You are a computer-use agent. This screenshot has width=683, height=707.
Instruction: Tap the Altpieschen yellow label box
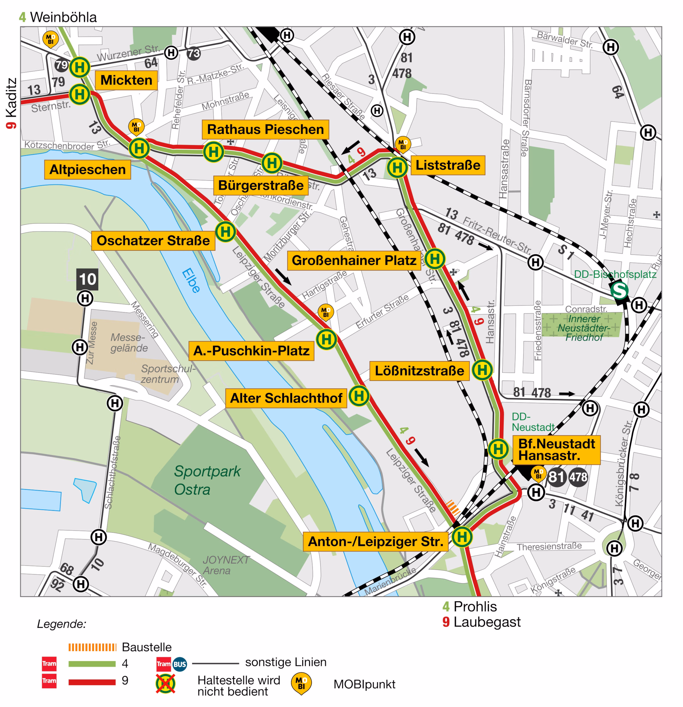88,169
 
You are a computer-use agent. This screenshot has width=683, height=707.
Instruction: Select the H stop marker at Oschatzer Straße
226,232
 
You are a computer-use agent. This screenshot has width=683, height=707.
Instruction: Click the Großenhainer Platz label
354,260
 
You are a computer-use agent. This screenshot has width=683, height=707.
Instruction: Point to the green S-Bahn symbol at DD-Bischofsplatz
619,290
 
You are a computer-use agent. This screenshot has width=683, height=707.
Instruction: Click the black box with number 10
88,279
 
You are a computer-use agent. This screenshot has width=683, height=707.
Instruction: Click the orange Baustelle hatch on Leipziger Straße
453,507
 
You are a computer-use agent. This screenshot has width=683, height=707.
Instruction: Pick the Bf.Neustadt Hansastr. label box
556,450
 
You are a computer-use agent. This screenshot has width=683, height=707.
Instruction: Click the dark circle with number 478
578,477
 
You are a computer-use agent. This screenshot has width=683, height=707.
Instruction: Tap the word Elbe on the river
191,280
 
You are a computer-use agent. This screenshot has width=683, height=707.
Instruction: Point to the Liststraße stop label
448,165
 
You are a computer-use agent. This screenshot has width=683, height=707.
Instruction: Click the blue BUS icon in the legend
180,664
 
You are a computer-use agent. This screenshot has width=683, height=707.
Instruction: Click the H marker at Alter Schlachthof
359,396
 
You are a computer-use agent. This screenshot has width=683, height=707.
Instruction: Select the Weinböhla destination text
63,17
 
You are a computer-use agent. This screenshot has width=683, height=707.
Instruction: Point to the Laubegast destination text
487,622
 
